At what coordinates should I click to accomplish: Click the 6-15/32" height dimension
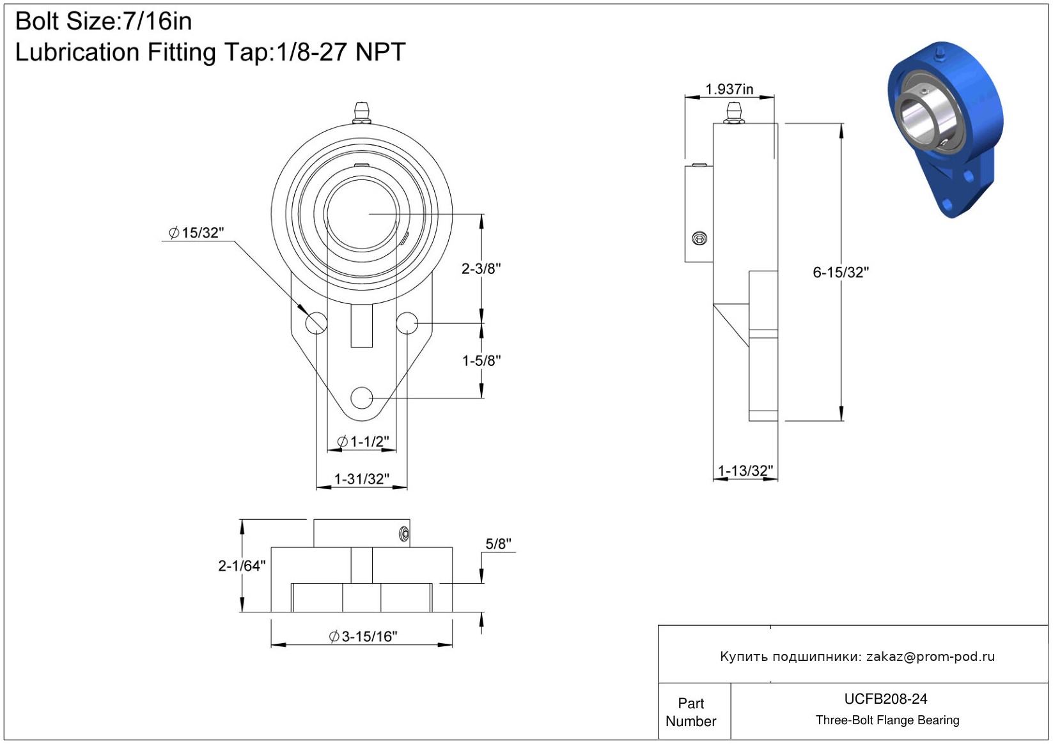click(840, 273)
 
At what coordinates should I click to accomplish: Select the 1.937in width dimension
click(729, 89)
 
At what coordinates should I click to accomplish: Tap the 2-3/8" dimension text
click(481, 269)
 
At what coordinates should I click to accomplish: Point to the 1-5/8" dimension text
click(481, 361)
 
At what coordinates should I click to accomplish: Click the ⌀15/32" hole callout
click(196, 233)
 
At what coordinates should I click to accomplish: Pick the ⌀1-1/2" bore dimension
click(363, 441)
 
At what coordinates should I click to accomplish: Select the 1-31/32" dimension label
click(361, 479)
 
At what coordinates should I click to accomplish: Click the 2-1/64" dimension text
click(241, 566)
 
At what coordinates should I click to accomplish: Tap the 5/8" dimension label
click(498, 544)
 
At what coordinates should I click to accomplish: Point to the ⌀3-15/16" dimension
click(363, 637)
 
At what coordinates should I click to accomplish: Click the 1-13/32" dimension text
click(745, 471)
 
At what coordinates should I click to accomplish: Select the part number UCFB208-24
click(885, 699)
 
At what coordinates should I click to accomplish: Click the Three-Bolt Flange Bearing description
click(887, 720)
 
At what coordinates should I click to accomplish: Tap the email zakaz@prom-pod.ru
click(930, 657)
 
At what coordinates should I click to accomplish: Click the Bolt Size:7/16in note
click(104, 22)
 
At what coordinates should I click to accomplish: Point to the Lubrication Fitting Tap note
click(210, 52)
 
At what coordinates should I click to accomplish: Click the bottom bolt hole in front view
click(362, 397)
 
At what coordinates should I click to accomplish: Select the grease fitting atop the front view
click(362, 111)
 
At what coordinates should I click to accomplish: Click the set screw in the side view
click(699, 239)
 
